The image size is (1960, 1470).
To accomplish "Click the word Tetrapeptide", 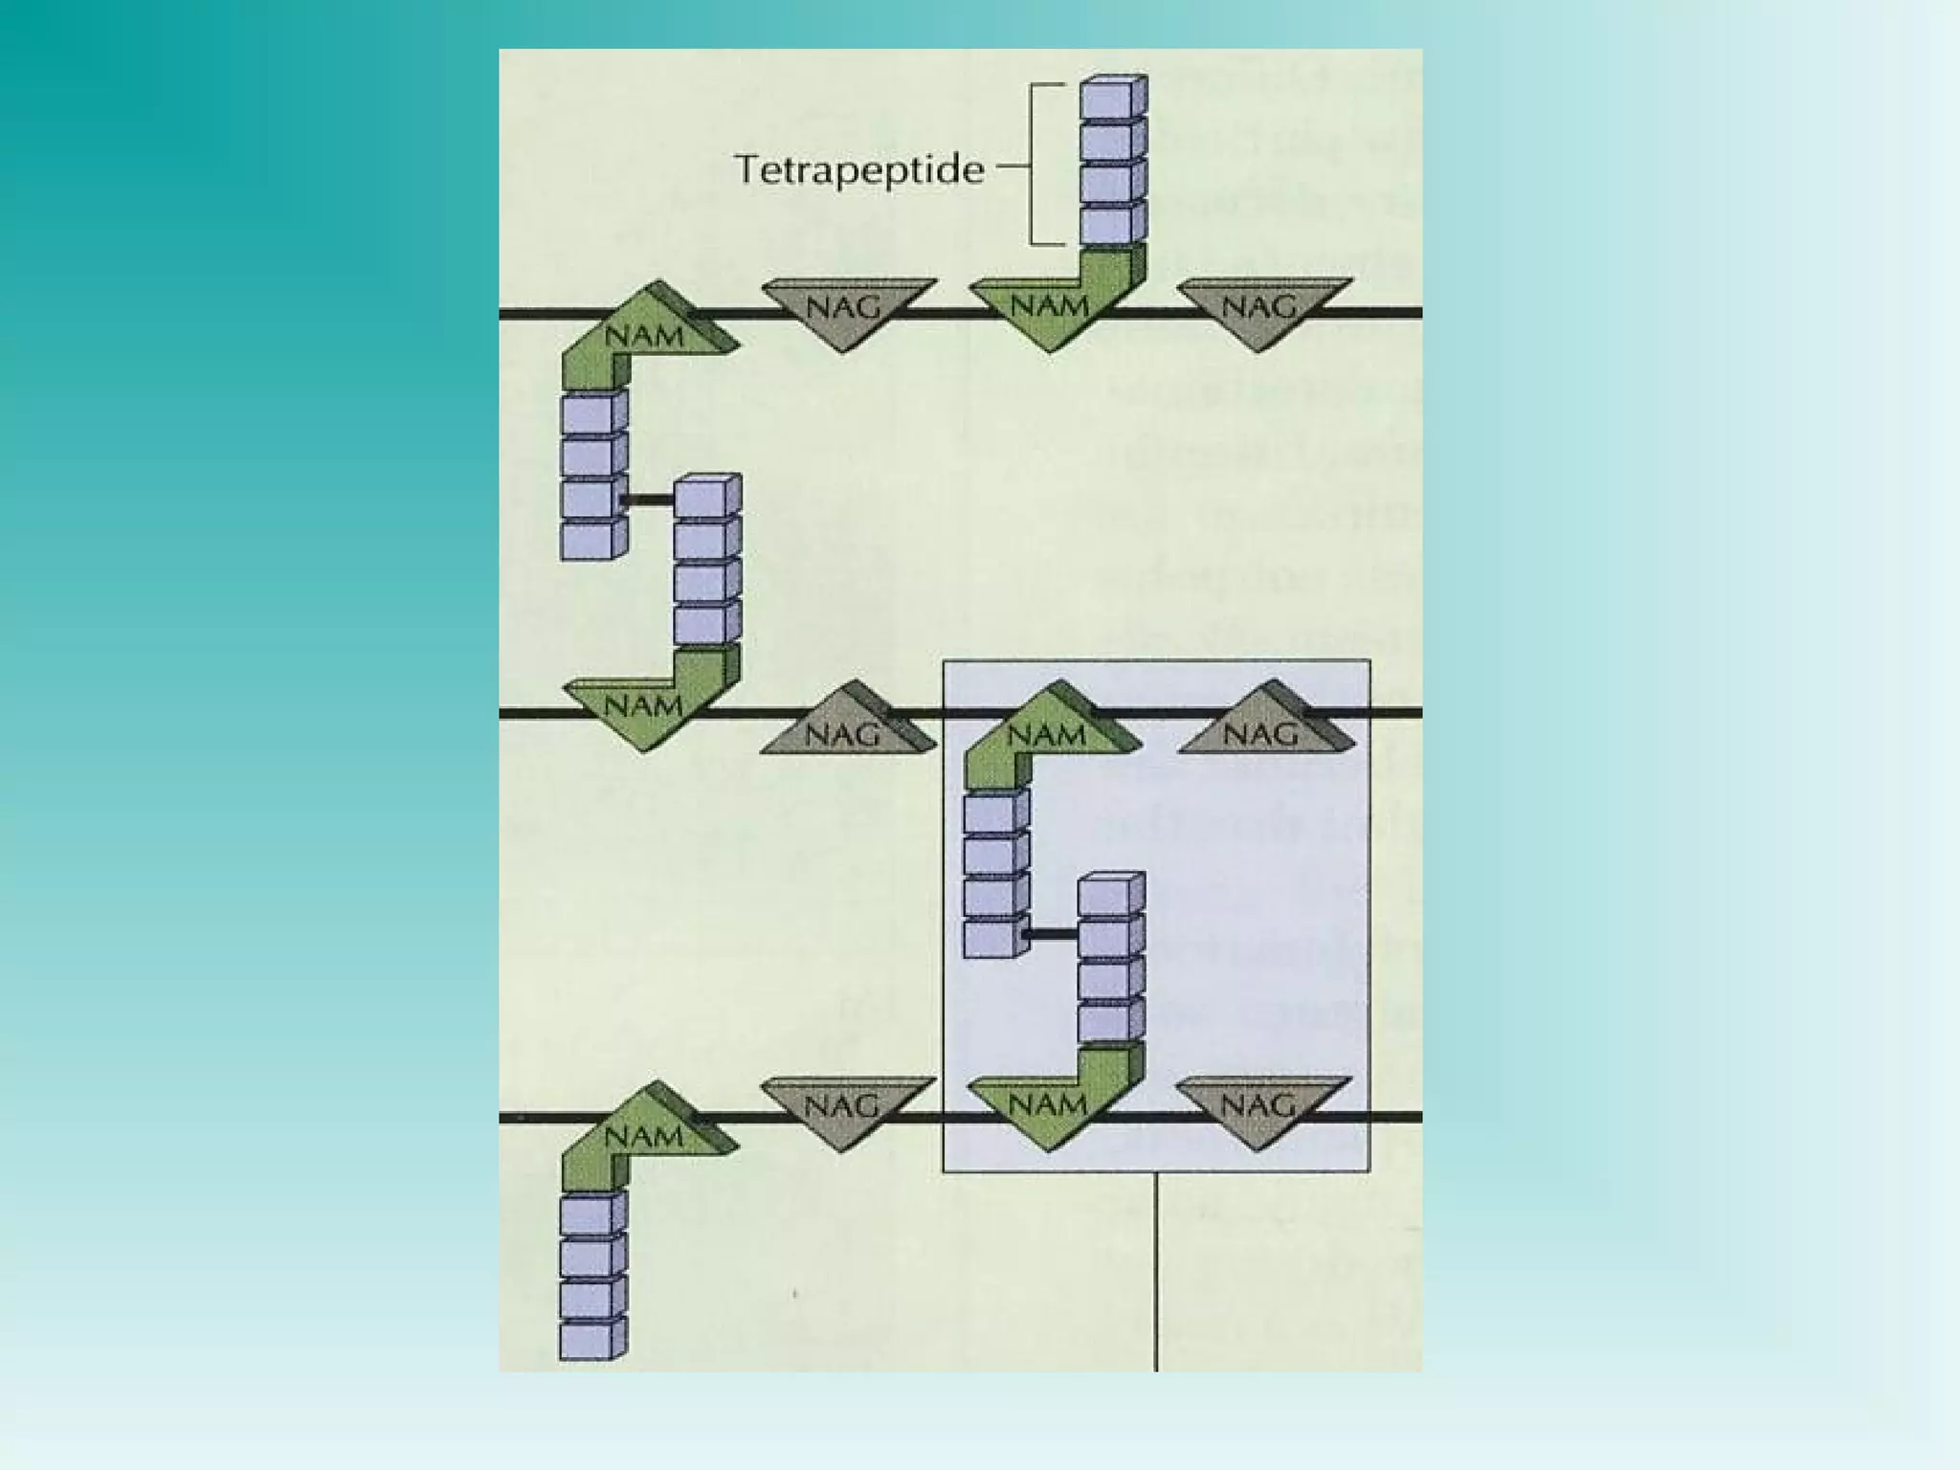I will [858, 170].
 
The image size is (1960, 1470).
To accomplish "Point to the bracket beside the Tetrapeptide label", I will [1034, 165].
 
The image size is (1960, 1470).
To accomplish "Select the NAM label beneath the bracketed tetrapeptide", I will [1049, 305].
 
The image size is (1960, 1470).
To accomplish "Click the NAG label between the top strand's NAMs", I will [842, 307].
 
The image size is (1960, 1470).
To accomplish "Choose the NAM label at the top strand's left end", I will [644, 336].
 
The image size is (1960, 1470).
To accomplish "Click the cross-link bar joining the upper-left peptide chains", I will [648, 499].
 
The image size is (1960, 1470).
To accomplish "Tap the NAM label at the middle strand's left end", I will [644, 707].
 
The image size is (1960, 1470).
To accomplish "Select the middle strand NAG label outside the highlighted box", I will [842, 734].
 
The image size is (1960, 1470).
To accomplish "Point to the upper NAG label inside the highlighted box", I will [1260, 734].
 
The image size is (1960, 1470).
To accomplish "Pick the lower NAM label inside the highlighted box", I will [1049, 1104].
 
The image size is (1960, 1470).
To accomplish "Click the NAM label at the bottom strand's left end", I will [644, 1136].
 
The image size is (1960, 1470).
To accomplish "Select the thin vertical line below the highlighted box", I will [1156, 1273].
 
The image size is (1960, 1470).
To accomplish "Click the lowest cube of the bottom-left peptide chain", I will [588, 1339].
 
